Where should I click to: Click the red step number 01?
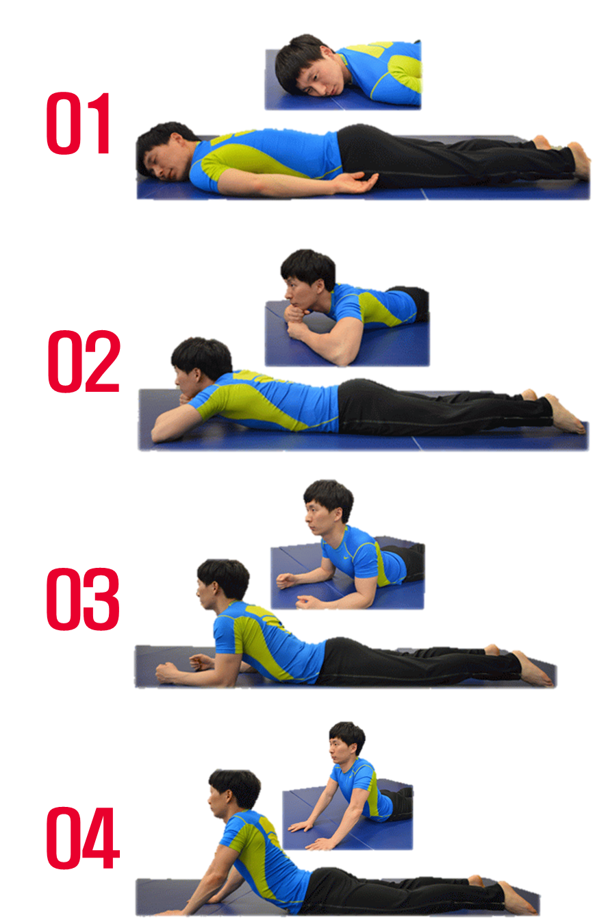coord(78,123)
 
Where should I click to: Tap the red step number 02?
coord(84,361)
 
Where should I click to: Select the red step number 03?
coord(83,599)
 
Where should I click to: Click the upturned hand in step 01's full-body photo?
coord(357,183)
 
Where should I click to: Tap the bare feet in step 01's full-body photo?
coord(563,156)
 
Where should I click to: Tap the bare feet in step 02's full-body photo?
coord(555,412)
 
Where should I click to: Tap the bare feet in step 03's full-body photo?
coord(522,664)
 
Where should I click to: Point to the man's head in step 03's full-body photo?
coord(223,585)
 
